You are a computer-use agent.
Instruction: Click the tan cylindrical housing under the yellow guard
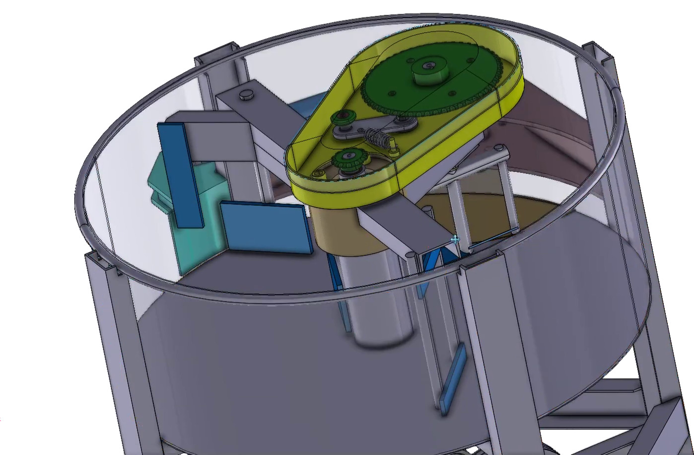click(x=333, y=228)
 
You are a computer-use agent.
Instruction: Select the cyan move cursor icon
click(x=455, y=240)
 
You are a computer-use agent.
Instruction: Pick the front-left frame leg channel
click(x=107, y=323)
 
